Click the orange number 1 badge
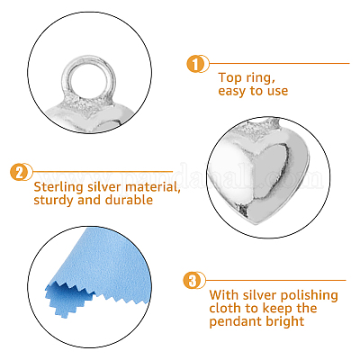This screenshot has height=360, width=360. [x=195, y=64]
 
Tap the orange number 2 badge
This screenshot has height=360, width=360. [x=19, y=172]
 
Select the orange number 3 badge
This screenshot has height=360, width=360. [x=192, y=281]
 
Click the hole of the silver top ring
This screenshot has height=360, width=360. [x=88, y=80]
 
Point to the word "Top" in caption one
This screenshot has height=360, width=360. [x=229, y=77]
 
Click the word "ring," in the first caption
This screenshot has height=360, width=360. [x=260, y=78]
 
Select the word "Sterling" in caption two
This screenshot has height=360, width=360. [x=58, y=188]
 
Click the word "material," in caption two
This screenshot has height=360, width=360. [x=153, y=187]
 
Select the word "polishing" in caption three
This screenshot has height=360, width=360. [x=308, y=296]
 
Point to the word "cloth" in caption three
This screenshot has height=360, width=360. [x=224, y=308]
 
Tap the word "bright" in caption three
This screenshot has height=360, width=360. [x=281, y=321]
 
